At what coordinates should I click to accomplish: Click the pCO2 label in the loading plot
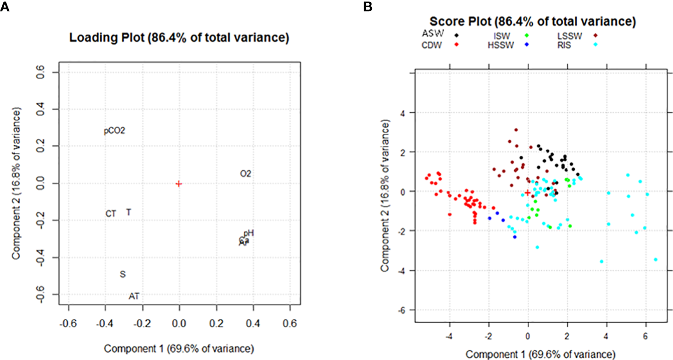(114, 131)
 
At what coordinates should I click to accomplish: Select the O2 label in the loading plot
(246, 174)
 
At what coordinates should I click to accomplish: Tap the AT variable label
(134, 296)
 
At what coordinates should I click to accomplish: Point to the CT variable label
(111, 214)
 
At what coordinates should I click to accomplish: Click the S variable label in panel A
(123, 274)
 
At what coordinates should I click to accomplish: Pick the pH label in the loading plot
(249, 233)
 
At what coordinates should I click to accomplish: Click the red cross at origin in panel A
(179, 184)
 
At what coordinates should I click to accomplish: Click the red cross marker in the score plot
(527, 192)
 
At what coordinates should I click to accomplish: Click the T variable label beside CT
(128, 212)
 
